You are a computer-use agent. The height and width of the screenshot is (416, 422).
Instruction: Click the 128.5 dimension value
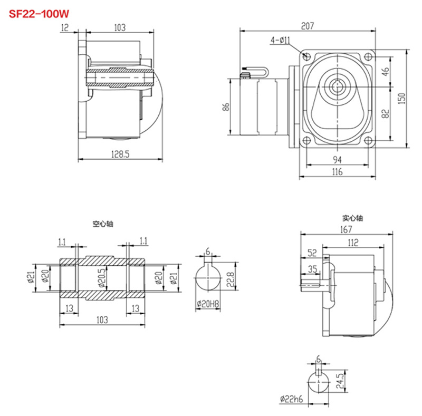click(120, 153)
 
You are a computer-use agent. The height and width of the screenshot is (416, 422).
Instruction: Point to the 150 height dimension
click(402, 99)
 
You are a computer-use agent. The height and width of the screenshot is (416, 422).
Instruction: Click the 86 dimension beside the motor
click(225, 107)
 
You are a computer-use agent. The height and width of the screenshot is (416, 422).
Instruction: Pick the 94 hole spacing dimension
click(338, 160)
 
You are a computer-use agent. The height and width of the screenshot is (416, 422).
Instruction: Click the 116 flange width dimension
click(338, 171)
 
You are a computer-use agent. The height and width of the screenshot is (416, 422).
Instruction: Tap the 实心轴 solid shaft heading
click(352, 217)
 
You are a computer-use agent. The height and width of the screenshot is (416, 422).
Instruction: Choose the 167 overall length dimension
click(347, 229)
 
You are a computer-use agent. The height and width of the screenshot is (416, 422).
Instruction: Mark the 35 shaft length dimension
click(313, 269)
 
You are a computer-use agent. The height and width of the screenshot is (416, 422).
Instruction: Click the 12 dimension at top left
click(65, 28)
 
